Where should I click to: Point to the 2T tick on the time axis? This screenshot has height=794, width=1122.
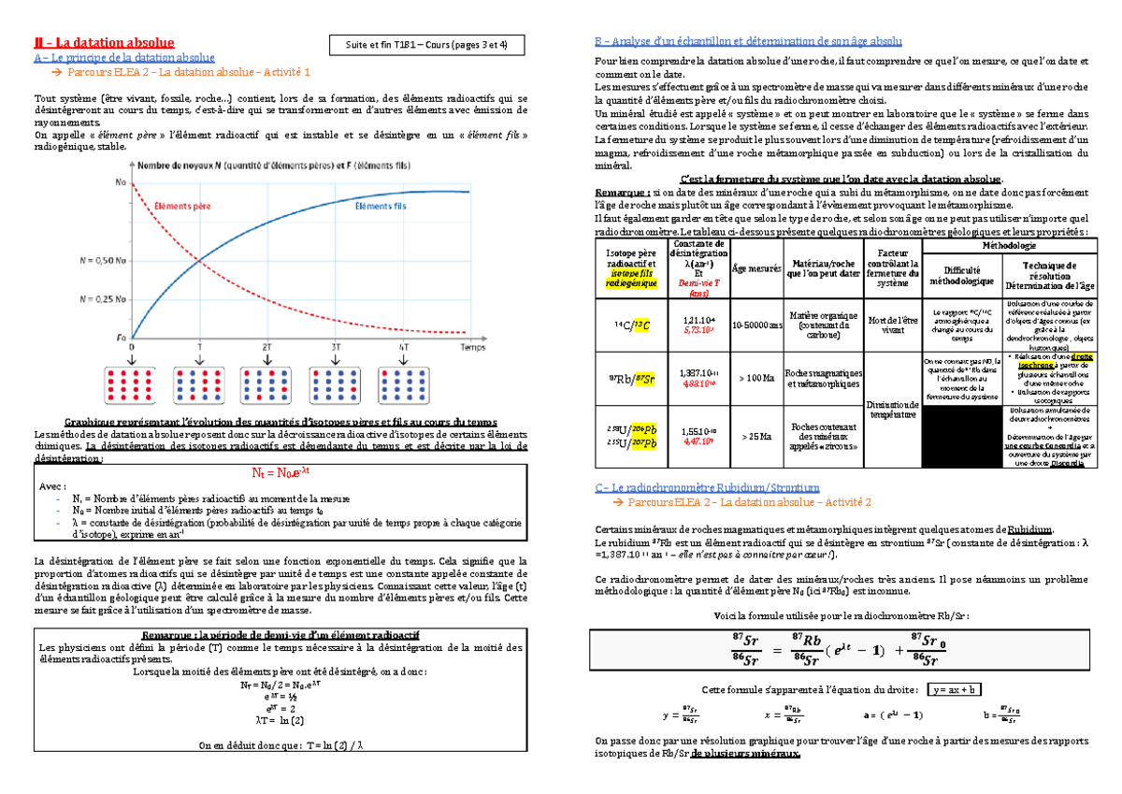(267, 345)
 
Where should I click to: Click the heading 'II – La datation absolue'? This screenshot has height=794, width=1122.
(103, 42)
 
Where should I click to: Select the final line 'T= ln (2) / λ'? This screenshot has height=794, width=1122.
(280, 745)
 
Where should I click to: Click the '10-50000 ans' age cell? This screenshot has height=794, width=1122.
(757, 324)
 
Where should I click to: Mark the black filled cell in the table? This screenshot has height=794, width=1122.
(961, 436)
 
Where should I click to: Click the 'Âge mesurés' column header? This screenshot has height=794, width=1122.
(757, 267)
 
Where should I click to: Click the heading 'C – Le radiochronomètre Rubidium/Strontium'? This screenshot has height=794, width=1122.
(708, 486)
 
